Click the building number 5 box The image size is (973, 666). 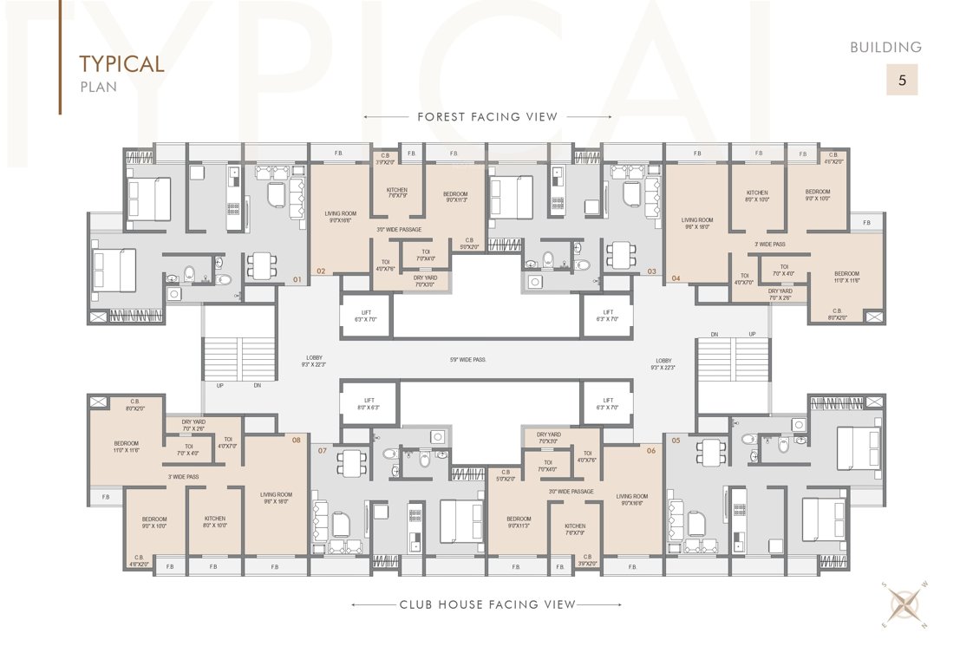pos(902,81)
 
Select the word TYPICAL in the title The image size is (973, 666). pos(121,64)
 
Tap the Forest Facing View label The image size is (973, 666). pos(487,116)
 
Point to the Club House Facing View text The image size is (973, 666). pos(487,604)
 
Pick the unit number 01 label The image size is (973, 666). pos(297,280)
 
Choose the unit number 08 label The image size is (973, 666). pos(297,440)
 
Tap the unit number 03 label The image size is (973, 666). pos(651,271)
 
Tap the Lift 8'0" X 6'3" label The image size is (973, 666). pos(366,403)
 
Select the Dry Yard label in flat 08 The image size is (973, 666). pos(194,425)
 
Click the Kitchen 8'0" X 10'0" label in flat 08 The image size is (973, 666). pos(215,522)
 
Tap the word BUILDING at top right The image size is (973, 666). pos(885,48)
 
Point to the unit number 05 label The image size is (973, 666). pos(676,440)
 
